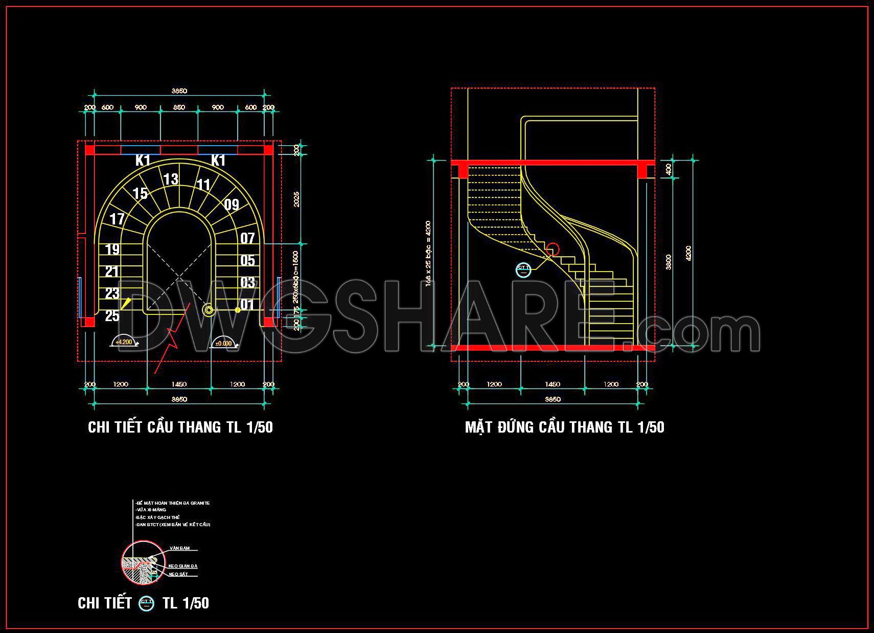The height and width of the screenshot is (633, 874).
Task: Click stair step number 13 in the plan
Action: tap(171, 179)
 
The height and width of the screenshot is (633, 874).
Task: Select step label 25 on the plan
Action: tap(112, 316)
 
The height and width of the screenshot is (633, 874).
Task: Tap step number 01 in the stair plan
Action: tap(247, 305)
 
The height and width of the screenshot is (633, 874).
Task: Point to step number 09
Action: tap(232, 205)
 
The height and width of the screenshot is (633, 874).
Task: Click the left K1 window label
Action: tap(143, 161)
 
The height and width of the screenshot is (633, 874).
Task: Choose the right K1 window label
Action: tap(218, 161)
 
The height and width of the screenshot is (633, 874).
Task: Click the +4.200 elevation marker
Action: tap(124, 343)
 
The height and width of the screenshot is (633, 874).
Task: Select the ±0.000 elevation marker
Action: tap(224, 344)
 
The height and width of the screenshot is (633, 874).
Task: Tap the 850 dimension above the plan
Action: tap(179, 107)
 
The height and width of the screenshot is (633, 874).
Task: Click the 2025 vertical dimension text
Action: tap(296, 199)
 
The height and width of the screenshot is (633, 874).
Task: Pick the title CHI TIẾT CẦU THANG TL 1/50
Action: tap(180, 427)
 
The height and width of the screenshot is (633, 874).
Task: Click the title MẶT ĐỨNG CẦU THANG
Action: tap(564, 427)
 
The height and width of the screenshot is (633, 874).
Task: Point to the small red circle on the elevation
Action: tap(552, 250)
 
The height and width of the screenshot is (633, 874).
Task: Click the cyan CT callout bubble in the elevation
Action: tap(524, 269)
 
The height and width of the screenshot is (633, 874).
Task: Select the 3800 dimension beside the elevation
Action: tap(669, 262)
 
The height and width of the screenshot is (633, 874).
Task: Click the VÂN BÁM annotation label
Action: tap(179, 548)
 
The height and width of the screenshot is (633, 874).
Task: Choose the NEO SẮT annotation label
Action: tap(178, 574)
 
